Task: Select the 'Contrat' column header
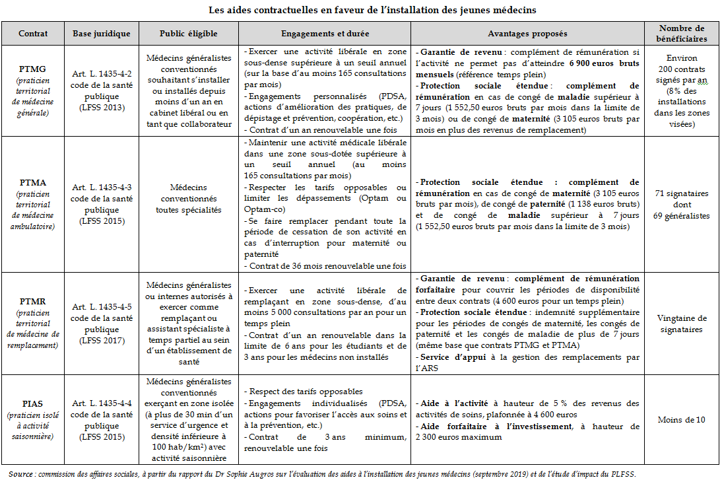32,34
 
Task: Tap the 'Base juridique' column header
101,34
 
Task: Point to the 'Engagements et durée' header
325,34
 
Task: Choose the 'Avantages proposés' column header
527,34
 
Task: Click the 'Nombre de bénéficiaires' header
682,34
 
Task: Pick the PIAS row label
32,401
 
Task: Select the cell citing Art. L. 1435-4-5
101,324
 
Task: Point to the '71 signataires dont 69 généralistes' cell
682,204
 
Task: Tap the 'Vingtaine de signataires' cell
682,324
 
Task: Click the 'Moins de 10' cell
682,419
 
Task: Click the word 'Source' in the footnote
21,474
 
